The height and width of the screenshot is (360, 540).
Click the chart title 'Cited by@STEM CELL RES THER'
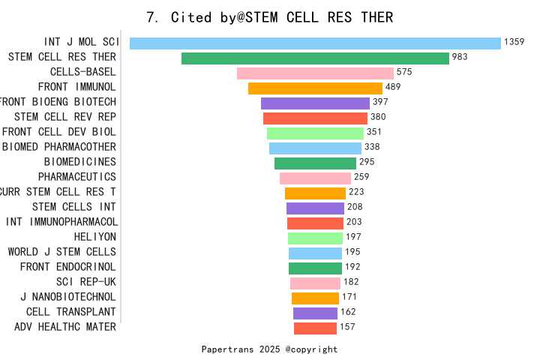click(x=269, y=17)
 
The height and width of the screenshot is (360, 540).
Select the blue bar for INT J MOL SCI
click(x=315, y=43)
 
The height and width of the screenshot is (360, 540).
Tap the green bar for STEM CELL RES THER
click(x=315, y=58)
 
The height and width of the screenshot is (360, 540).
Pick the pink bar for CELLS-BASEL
click(x=315, y=73)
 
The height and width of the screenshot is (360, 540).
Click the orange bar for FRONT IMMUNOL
click(x=315, y=88)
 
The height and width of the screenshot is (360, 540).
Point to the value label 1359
click(x=514, y=43)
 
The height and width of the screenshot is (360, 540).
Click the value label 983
click(x=460, y=58)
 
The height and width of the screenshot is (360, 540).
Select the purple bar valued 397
click(x=315, y=103)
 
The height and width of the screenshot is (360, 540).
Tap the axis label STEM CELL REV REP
click(x=65, y=117)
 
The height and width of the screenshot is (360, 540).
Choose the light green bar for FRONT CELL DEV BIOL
click(x=315, y=133)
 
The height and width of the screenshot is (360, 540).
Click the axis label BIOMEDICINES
click(x=80, y=162)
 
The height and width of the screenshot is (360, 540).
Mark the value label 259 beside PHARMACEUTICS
click(x=361, y=177)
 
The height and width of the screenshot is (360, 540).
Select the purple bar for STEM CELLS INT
click(x=315, y=208)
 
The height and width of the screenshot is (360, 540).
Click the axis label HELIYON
click(x=95, y=237)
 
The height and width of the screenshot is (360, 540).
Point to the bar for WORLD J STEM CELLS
click(x=315, y=253)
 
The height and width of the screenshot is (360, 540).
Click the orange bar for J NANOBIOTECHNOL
click(x=315, y=298)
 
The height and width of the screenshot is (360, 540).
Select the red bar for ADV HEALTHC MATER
click(x=315, y=328)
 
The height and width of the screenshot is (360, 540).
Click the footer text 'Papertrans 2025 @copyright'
click(x=269, y=349)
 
